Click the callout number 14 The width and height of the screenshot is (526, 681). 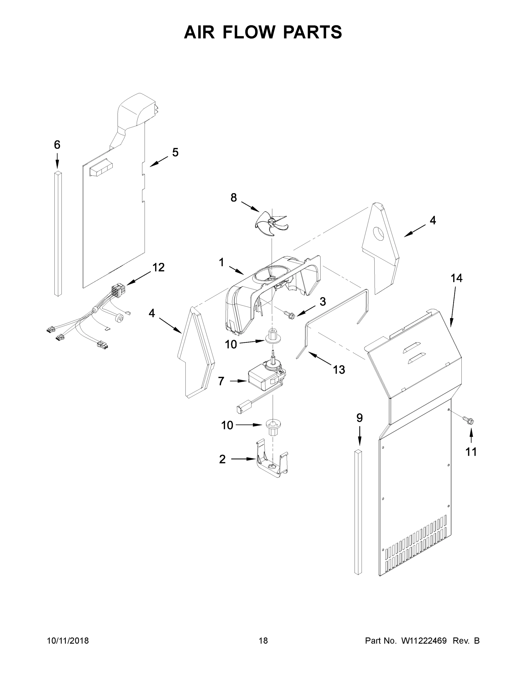457,278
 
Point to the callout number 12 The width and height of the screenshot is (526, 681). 158,267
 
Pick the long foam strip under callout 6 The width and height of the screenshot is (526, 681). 58,234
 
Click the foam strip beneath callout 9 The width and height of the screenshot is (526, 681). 358,511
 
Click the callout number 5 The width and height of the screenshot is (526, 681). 175,152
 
